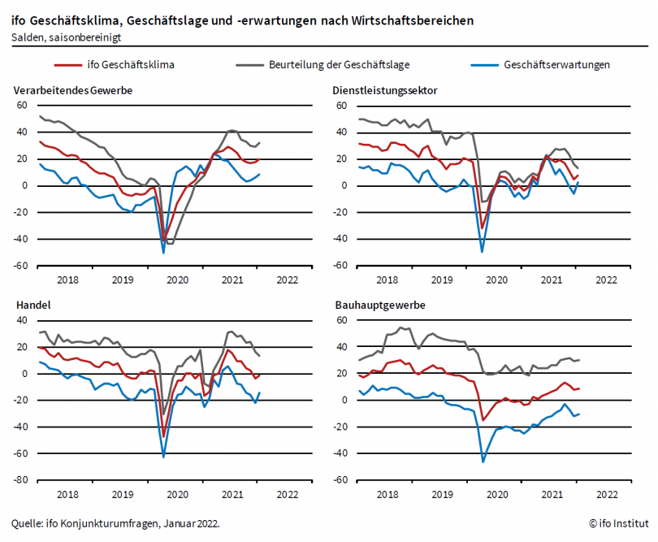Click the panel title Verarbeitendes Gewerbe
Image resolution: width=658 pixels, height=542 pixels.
pos(73,90)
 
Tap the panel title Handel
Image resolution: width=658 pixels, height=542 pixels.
pos(29,306)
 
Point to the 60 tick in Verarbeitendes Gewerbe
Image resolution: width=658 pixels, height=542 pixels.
pos(22,106)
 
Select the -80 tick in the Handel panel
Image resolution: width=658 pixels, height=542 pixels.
pos(20,480)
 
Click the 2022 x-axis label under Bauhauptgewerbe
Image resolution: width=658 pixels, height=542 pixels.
pos(606,493)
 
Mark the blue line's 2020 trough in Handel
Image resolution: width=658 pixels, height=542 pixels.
pos(163,457)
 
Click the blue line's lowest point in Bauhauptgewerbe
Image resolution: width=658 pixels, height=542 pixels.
pos(483,462)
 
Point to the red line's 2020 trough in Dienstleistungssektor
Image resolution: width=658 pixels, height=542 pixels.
pos(483,228)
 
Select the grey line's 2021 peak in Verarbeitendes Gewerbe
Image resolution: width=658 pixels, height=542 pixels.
pos(232,130)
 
